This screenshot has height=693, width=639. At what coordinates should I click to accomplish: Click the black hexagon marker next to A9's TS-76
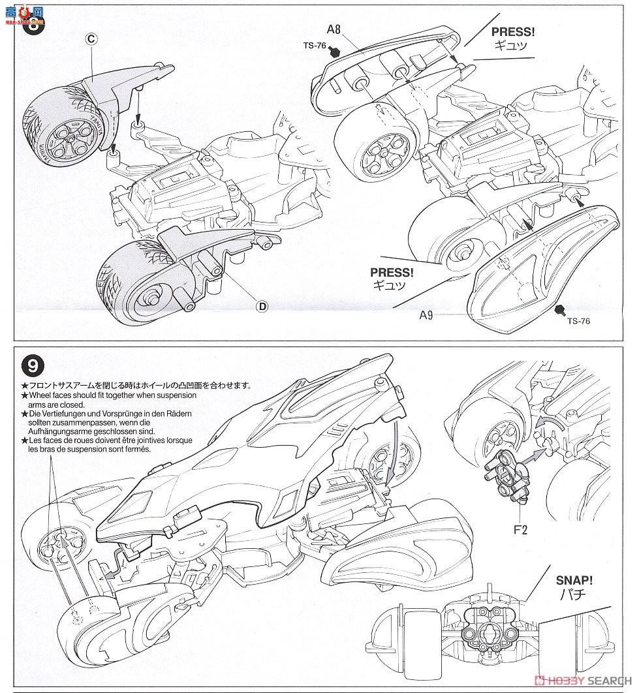point(559,310)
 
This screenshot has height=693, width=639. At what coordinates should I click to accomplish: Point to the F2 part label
point(520,530)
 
